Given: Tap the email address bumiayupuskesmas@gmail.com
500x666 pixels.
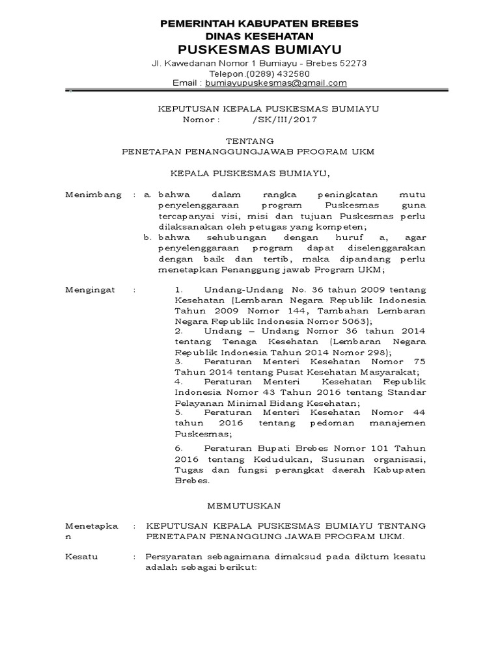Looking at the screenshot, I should (276, 83).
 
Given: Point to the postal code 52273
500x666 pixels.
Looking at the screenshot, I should (354, 64).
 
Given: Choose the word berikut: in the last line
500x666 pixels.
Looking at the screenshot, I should (237, 566).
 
